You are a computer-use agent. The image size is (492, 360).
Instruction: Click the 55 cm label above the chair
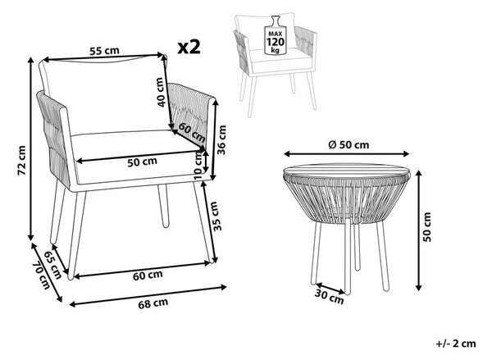pos(104,51)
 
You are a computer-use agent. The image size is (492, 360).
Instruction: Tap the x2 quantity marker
pos(189,47)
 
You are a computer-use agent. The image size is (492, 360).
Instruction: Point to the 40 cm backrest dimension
pos(160,92)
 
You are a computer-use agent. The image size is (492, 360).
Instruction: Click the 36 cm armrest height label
pos(221,139)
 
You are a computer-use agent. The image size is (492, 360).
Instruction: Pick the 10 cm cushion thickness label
pos(198,165)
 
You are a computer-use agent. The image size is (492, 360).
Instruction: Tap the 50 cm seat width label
pos(142,162)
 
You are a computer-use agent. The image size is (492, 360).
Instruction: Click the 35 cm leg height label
pos(215,216)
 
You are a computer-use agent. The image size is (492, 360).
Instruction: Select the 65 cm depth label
pos(52,265)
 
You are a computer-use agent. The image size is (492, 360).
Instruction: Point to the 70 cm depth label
pos(42,276)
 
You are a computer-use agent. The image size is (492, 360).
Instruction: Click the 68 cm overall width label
pos(153,303)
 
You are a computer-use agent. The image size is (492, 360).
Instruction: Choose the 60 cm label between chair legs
pos(148,275)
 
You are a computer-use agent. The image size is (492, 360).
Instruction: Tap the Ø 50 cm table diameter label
pos(348,144)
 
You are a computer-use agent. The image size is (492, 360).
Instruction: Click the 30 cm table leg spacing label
pos(329,297)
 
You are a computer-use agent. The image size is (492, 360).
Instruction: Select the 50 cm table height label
pos(426,226)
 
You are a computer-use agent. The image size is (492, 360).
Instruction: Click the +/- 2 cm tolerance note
pos(456,344)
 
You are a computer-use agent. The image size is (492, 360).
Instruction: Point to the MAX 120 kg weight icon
pos(276,35)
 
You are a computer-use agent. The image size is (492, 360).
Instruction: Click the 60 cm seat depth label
pos(192,132)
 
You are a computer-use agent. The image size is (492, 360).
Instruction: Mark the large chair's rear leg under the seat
pos(163,205)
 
